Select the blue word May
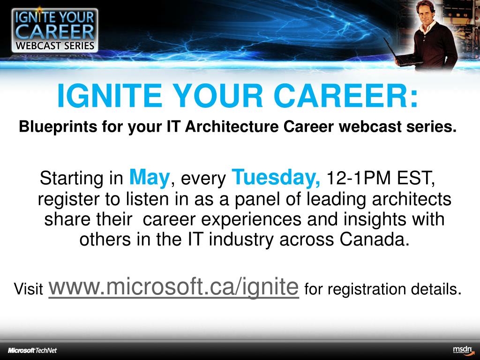(150, 178)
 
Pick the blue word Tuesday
(276, 178)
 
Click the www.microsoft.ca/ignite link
(173, 287)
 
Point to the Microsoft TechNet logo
(32, 351)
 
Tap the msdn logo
(463, 350)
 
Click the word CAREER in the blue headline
(341, 96)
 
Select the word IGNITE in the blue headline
(110, 96)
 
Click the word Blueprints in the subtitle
(58, 127)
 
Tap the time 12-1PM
(359, 178)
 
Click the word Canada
(375, 239)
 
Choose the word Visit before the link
(29, 289)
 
